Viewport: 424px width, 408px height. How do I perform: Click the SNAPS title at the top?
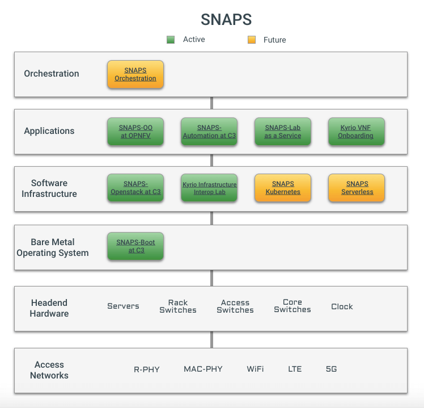(226, 19)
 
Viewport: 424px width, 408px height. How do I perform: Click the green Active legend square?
(171, 40)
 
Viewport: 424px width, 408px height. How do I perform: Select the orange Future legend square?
(252, 40)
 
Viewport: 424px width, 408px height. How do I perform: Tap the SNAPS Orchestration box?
(135, 74)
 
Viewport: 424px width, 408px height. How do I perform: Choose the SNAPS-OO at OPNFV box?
(135, 132)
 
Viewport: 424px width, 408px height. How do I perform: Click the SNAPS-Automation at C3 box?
(209, 132)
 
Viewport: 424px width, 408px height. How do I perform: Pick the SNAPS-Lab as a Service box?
(283, 132)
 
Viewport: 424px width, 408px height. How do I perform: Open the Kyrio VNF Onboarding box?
(356, 132)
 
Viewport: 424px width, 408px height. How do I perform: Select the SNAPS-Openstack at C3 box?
(135, 188)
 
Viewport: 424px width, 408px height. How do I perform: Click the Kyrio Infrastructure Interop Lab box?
(209, 188)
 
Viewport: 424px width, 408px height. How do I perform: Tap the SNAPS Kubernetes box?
(283, 188)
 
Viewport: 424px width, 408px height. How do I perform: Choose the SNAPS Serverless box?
(356, 188)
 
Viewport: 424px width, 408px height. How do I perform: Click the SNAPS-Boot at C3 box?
(135, 246)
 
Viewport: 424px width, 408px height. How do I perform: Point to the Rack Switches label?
(178, 306)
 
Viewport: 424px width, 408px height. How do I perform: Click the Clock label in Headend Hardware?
(342, 306)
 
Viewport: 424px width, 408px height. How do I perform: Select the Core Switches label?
(292, 306)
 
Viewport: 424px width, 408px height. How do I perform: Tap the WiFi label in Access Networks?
(255, 369)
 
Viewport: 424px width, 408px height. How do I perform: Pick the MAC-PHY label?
(203, 369)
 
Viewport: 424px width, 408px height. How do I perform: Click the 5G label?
(331, 369)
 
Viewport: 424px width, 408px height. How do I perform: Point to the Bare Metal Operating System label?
(53, 247)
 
